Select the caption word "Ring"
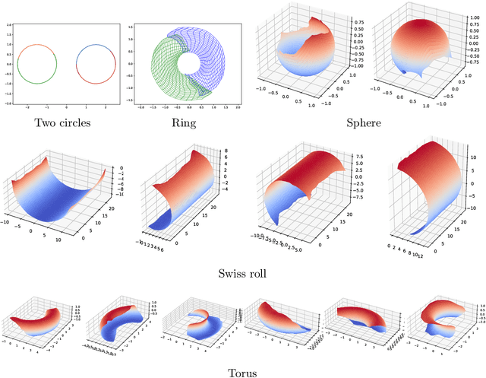[x=185, y=123]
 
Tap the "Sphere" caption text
[x=362, y=123]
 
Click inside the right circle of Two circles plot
[x=96, y=63]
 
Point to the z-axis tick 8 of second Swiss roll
[x=226, y=152]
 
